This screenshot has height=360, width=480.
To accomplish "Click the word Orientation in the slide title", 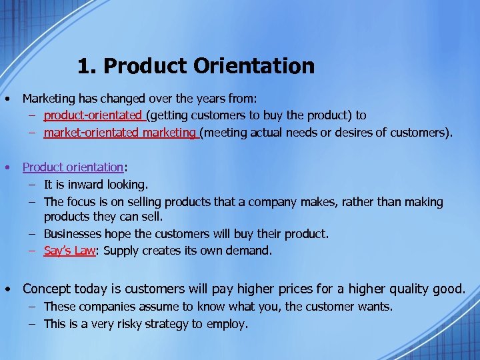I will pos(254,66).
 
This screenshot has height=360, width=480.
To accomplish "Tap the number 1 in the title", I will pos(83,66).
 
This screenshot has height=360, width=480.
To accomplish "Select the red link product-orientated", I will pos(93,115).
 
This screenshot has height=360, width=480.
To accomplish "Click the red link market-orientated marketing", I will pos(119,133).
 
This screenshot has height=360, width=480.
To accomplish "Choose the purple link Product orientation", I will pos(73,167).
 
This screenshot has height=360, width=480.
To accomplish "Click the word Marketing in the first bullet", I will pos(47,99).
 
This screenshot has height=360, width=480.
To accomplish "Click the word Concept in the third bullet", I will pos(49,289).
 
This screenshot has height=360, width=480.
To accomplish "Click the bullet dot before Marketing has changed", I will pos(6,99).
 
